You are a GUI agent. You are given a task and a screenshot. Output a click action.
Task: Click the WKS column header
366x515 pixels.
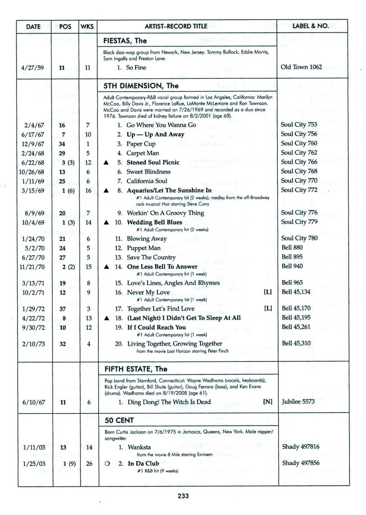click(x=87, y=26)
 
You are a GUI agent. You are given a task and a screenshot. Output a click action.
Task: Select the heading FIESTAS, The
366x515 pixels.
click(x=125, y=41)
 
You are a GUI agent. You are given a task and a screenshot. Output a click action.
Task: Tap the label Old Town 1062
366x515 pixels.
click(x=301, y=67)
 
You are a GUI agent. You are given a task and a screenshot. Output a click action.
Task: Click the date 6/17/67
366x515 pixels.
click(x=33, y=134)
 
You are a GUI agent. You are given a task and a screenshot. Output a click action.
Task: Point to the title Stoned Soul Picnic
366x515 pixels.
click(x=153, y=162)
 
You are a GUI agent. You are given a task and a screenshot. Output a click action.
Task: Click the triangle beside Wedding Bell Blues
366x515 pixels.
click(x=106, y=223)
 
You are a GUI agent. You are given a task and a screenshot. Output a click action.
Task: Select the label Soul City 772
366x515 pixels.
click(x=299, y=190)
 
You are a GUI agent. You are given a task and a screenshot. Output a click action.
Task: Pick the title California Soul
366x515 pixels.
click(x=147, y=181)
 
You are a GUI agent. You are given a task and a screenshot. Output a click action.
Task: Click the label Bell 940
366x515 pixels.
click(x=292, y=266)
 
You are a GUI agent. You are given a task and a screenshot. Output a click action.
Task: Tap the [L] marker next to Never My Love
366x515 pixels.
click(x=267, y=292)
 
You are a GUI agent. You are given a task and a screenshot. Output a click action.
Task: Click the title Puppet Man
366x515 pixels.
click(x=143, y=248)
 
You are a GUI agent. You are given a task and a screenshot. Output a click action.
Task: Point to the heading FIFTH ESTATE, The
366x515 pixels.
click(x=136, y=369)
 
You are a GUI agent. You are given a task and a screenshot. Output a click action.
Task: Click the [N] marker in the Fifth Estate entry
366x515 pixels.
click(x=268, y=402)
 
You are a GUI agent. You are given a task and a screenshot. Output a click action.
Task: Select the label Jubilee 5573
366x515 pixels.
click(x=298, y=401)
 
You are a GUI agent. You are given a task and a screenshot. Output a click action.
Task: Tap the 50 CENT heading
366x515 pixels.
click(x=119, y=420)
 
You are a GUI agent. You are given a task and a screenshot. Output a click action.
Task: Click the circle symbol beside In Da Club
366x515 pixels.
click(x=107, y=464)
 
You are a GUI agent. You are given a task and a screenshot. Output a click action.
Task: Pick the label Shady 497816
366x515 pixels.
click(x=301, y=447)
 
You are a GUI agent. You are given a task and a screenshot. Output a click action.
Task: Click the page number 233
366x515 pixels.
click(x=183, y=496)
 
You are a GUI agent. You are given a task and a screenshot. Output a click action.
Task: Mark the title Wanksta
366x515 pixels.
click(x=139, y=447)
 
